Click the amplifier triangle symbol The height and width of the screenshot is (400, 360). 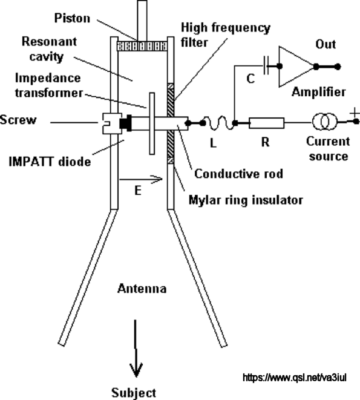296,67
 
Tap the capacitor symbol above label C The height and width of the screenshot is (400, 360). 266,66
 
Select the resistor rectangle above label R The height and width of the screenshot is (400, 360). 266,123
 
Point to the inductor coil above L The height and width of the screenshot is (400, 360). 218,123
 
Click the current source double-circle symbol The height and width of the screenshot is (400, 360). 324,122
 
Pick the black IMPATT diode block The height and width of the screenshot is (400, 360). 125,123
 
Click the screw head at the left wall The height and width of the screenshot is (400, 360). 112,123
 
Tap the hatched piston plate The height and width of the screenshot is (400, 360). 142,46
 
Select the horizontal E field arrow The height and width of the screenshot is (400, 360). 141,179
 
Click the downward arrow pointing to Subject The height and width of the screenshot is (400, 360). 136,348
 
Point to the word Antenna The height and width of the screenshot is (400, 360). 142,289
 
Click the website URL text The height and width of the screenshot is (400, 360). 295,378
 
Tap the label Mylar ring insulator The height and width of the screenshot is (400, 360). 246,200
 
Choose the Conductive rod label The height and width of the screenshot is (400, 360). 239,174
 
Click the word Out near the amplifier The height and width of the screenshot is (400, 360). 326,44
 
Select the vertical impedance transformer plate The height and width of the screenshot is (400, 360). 152,123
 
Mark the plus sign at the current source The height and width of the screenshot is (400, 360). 354,113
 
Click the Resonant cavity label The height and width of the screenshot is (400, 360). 49,49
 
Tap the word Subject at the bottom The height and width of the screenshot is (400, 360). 134,393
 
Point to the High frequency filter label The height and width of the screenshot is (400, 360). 226,34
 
